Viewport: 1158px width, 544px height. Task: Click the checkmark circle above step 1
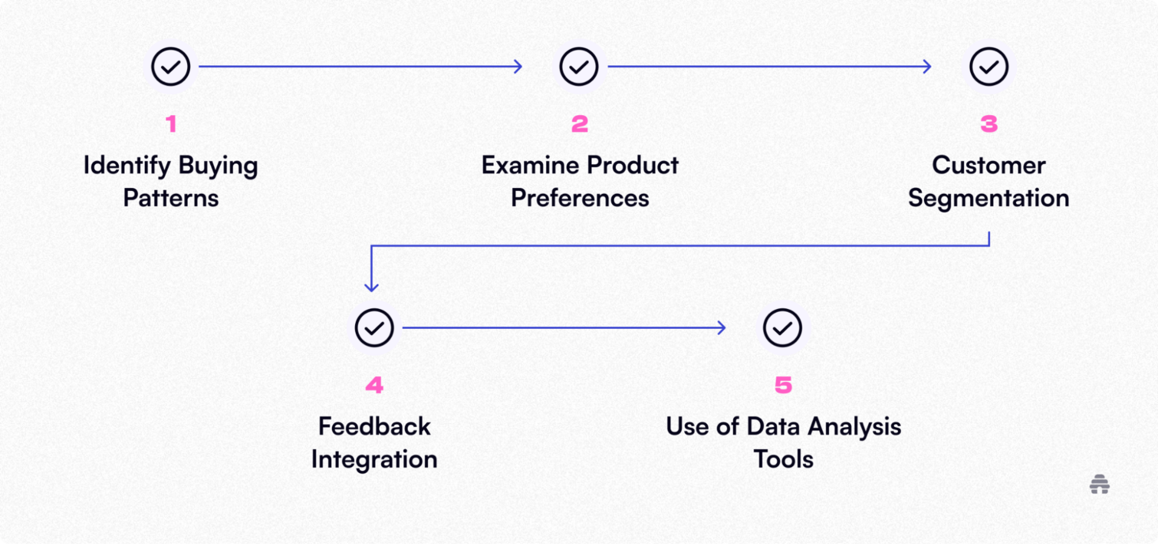171,67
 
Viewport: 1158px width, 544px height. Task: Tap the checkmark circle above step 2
579,67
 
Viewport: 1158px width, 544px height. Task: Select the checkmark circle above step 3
989,67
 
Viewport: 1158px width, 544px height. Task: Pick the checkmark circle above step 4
374,328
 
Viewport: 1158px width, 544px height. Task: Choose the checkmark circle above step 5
782,328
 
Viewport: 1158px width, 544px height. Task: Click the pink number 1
171,124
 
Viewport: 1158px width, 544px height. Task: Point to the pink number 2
580,124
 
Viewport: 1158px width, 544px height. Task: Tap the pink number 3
989,124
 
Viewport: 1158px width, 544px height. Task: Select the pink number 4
374,386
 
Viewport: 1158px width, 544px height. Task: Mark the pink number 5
783,386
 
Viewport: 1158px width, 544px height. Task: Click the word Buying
218,166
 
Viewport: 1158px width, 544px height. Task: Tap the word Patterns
171,198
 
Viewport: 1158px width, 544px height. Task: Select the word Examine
530,166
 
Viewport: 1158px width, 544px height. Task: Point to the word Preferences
580,198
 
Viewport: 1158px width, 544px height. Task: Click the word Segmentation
989,198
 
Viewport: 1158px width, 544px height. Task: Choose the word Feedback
374,427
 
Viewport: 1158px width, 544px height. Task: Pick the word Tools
783,460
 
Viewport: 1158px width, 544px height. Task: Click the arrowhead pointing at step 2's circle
518,67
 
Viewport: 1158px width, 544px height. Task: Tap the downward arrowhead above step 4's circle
372,287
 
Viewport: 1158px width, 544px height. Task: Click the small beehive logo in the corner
1099,484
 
